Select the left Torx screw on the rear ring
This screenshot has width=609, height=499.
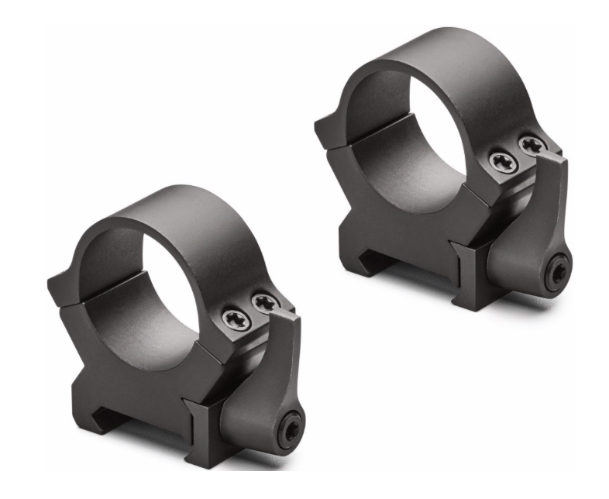(x=501, y=161)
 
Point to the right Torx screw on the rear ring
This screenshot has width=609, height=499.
(x=531, y=145)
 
